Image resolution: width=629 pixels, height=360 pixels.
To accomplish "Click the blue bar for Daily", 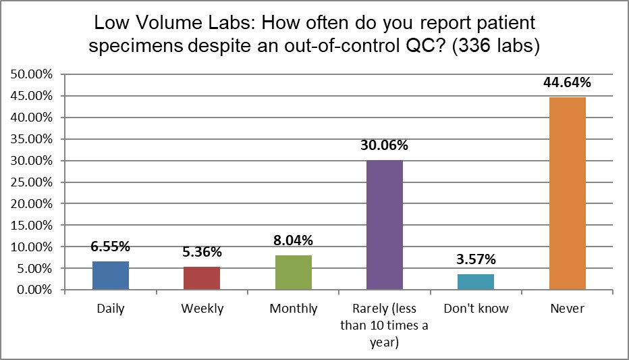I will coord(111,276).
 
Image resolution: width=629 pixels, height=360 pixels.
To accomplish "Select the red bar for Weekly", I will coord(202,278).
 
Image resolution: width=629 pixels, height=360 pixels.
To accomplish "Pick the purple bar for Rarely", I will coord(385,225).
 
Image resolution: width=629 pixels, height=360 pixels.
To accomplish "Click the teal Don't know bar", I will coord(476,282).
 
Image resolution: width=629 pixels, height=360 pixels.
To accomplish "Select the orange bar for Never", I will coord(567,194).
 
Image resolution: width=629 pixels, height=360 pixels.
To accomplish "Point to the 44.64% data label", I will coord(567,83).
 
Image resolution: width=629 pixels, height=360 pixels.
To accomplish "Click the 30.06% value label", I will coord(385,146).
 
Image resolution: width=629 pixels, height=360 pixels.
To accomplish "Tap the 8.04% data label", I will coord(293,240).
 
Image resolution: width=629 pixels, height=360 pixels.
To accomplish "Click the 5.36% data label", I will coord(202,253).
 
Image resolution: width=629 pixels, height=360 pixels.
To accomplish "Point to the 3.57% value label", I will coord(476,260).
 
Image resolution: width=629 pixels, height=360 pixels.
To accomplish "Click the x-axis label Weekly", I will coord(202,309).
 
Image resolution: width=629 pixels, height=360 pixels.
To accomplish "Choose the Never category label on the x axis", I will coord(567,309).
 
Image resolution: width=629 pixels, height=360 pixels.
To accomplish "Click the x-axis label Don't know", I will coord(476,309).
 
